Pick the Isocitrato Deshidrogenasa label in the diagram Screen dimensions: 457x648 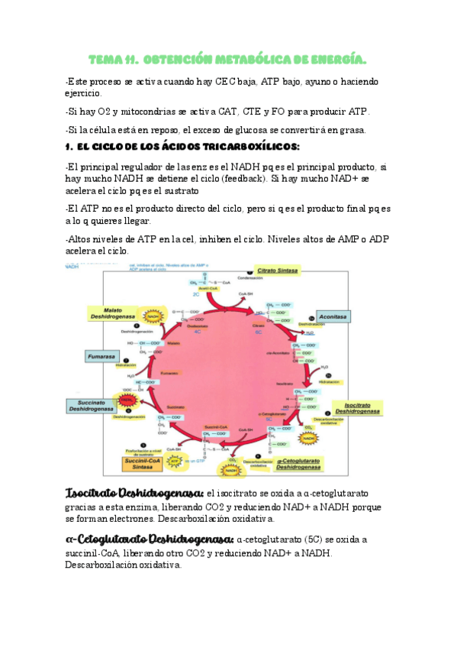click(362, 407)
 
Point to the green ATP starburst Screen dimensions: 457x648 click(175, 462)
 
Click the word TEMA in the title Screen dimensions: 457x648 click(105, 59)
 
